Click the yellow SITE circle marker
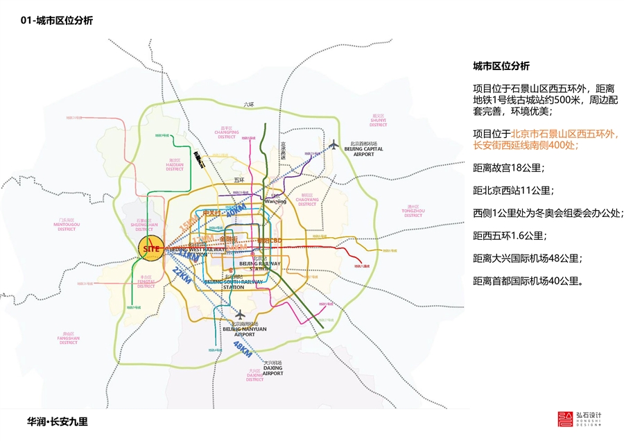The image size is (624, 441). (150, 248)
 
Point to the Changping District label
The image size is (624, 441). (227, 132)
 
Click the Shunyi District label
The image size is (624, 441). (378, 121)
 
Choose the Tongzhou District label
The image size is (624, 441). (414, 211)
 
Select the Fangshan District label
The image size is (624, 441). (69, 339)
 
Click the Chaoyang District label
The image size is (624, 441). (306, 200)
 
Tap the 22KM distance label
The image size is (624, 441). (182, 275)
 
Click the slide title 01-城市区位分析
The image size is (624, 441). (57, 21)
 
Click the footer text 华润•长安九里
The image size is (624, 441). (58, 421)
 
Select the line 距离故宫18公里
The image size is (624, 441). (508, 168)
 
